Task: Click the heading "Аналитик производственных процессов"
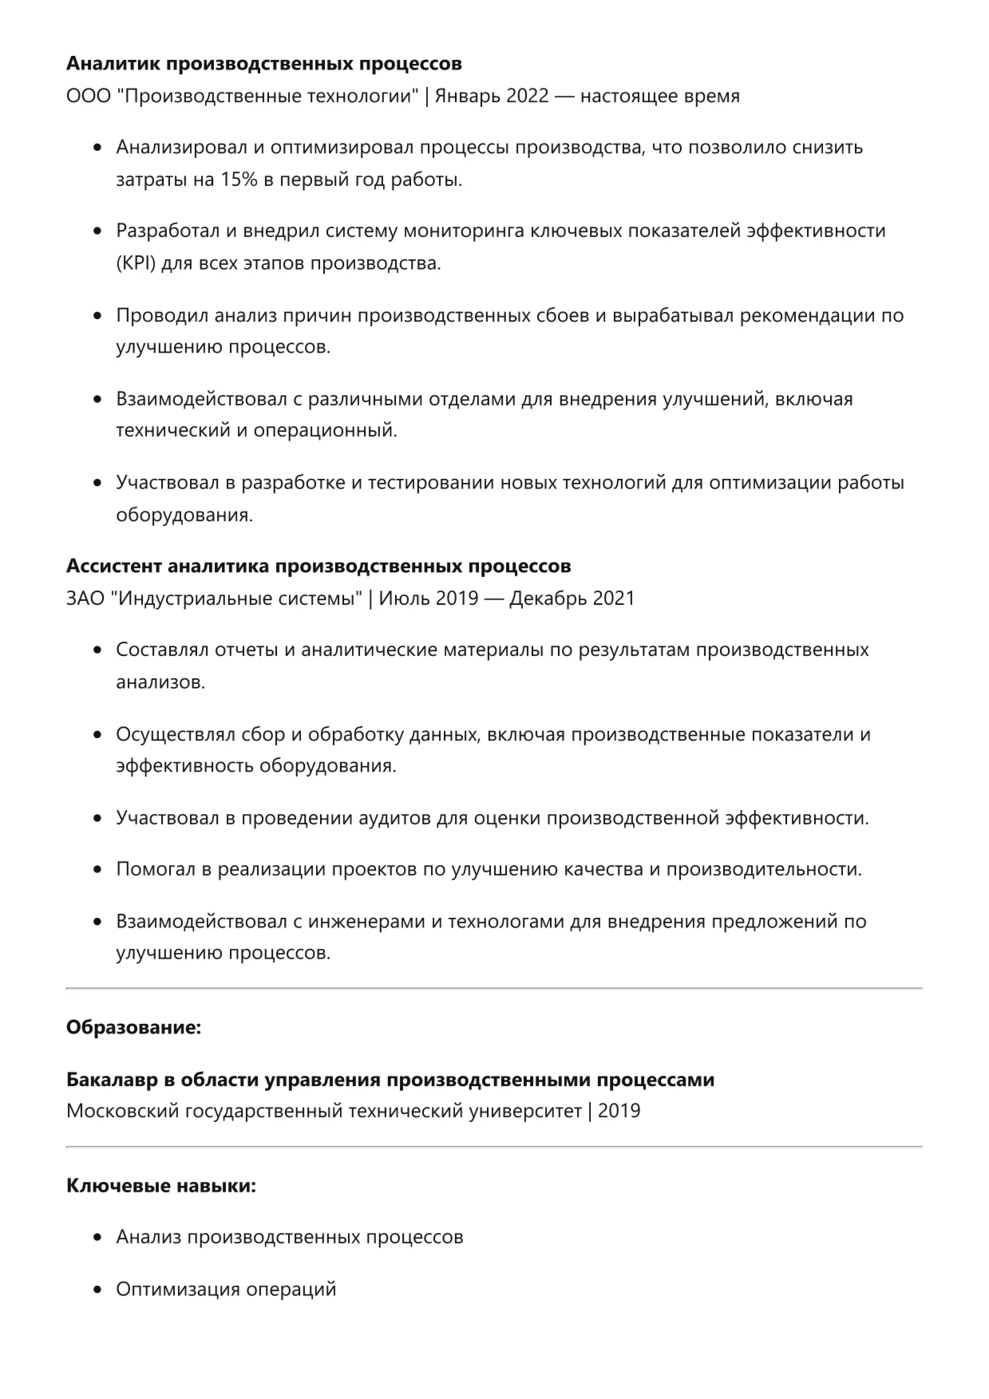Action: pos(263,63)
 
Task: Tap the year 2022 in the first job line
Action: pos(527,97)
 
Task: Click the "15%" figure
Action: pos(239,180)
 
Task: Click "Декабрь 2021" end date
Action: pos(572,599)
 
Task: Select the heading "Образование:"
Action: pos(133,1027)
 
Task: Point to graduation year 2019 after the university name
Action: pos(619,1111)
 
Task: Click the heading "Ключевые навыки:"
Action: pos(161,1186)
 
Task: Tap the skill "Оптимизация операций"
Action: pos(226,1290)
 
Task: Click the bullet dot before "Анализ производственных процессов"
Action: pos(98,1238)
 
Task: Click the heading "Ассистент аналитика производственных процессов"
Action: pos(318,566)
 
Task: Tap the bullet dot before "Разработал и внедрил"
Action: pos(98,231)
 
